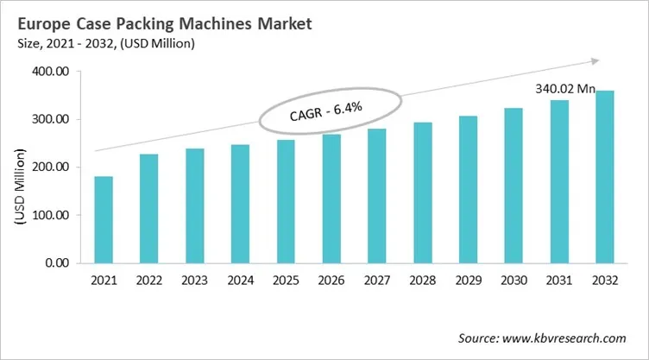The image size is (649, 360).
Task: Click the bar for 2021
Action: click(104, 219)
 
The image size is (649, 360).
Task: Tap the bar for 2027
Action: click(376, 196)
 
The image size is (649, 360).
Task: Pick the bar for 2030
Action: click(513, 186)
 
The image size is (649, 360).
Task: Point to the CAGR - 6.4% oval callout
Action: click(331, 112)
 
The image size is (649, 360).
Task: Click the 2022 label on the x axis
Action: click(149, 281)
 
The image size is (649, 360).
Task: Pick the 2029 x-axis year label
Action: click(467, 281)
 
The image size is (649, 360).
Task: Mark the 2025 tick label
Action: click(286, 281)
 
